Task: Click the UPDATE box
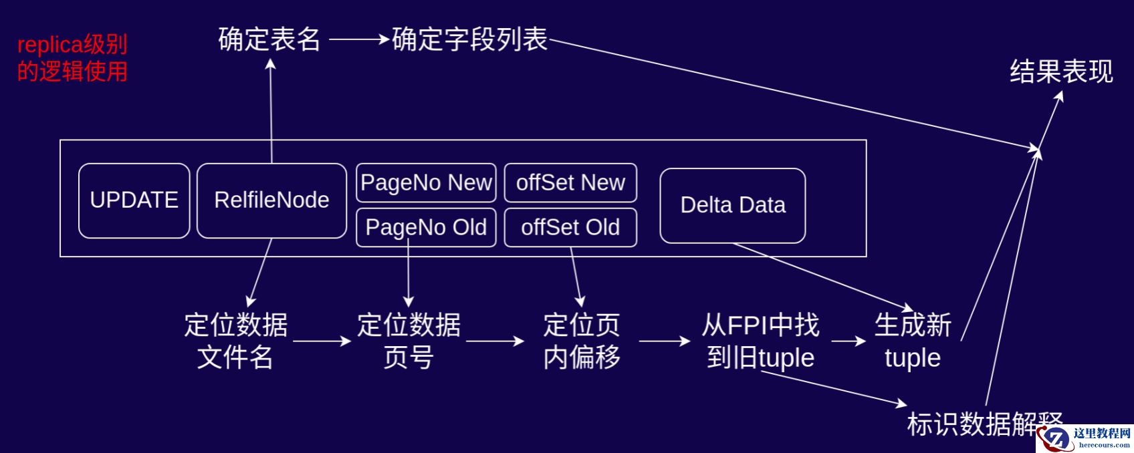point(134,200)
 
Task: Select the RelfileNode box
point(271,200)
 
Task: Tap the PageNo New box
point(426,182)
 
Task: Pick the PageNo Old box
point(426,227)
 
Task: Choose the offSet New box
point(570,182)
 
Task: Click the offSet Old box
point(570,227)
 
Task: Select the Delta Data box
point(733,205)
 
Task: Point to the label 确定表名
point(269,39)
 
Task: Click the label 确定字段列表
point(469,39)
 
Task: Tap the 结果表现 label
point(1061,71)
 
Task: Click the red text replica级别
point(72,45)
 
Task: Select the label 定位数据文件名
point(236,341)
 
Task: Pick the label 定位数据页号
point(409,341)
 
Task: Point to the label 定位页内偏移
point(582,341)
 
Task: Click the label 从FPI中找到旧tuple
point(761,341)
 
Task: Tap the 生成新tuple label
point(913,341)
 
